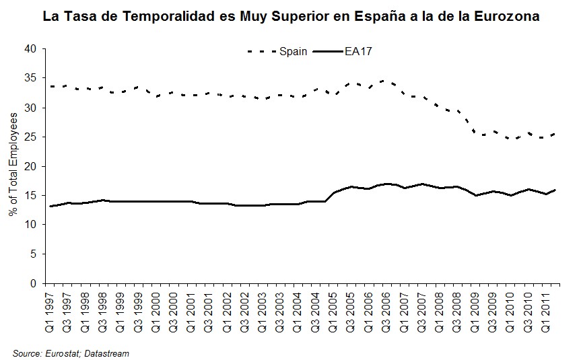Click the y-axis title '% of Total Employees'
click(13, 166)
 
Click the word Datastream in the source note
click(106, 352)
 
